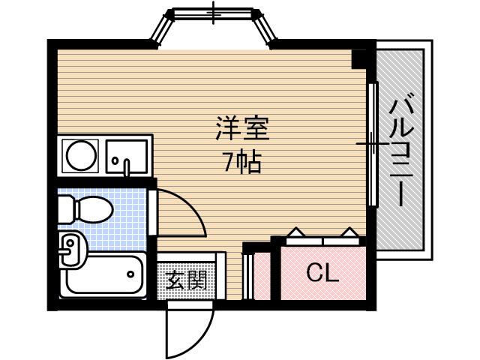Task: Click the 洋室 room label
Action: (x=242, y=128)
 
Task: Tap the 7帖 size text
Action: (x=243, y=162)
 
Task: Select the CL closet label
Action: (x=323, y=272)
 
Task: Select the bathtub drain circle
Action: (x=130, y=274)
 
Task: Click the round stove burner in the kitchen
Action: (x=79, y=155)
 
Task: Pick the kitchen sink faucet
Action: (x=127, y=168)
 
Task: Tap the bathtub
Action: (x=103, y=274)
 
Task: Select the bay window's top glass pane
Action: (x=214, y=13)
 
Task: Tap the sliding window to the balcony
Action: (x=372, y=143)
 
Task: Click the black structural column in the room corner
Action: (x=358, y=60)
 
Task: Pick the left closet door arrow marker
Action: (x=295, y=232)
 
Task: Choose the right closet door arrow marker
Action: (x=349, y=232)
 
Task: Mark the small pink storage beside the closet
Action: (x=262, y=276)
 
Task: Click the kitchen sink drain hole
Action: (x=115, y=160)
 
